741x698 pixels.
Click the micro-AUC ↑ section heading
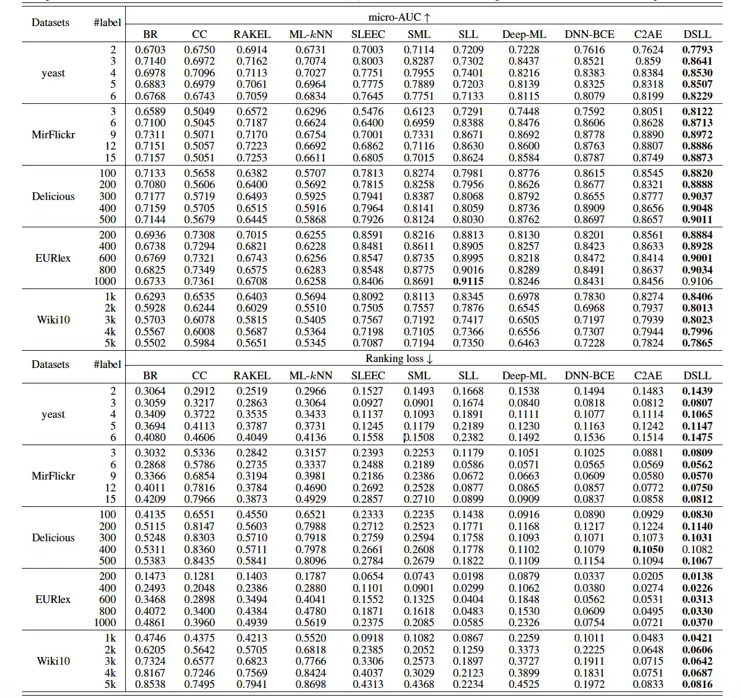coord(399,17)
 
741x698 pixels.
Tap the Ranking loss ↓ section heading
coord(399,358)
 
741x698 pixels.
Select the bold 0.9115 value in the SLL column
coord(468,281)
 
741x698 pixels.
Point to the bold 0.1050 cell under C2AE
coord(648,550)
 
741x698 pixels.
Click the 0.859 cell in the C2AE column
coord(648,61)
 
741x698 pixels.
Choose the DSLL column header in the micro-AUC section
coord(697,34)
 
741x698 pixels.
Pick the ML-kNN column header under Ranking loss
coord(311,376)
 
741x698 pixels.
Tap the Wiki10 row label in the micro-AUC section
coord(53,320)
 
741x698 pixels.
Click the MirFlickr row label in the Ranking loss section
coord(53,476)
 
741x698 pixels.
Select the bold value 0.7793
coord(697,50)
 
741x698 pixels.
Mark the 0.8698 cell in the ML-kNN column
coord(311,684)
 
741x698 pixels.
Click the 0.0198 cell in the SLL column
coord(468,576)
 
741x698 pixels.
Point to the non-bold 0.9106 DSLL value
coord(697,281)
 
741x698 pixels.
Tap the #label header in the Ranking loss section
coord(107,364)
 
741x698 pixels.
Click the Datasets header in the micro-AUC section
coord(50,23)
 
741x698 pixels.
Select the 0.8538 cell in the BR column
coord(150,684)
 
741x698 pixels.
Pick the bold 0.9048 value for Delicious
coord(697,208)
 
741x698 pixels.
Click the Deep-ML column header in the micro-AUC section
coord(524,34)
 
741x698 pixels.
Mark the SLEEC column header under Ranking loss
coord(368,376)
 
